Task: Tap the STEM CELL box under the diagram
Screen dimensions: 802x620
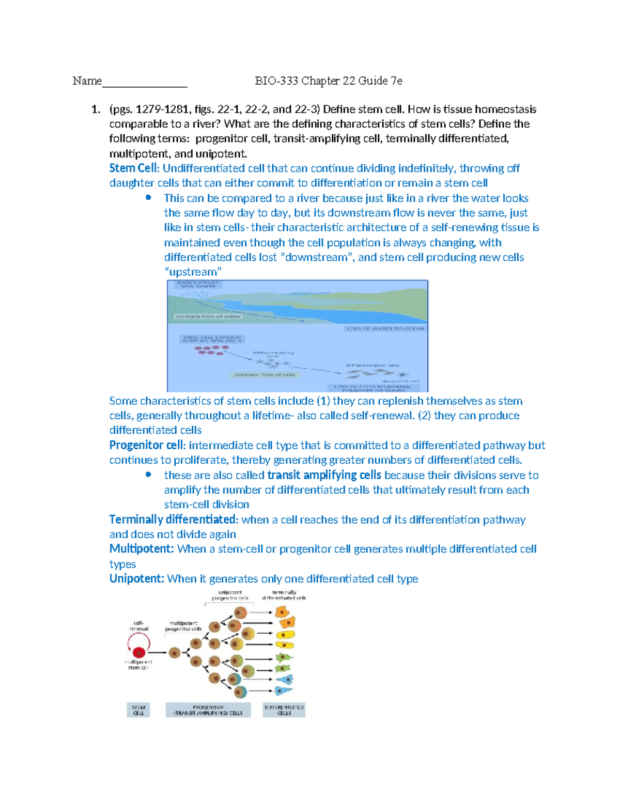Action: (x=138, y=710)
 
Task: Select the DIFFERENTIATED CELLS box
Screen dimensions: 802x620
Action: (x=284, y=710)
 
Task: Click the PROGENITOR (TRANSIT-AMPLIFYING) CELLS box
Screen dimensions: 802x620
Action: (x=208, y=710)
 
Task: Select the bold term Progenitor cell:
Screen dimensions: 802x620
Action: (x=147, y=445)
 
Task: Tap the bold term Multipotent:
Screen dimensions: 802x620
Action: (x=142, y=549)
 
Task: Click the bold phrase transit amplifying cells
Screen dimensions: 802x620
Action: (x=324, y=475)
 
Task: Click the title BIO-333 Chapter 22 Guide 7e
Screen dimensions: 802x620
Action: (x=329, y=81)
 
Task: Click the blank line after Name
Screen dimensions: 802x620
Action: (x=145, y=83)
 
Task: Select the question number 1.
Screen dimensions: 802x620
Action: (x=96, y=109)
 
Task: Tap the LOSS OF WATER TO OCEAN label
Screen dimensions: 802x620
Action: (x=385, y=328)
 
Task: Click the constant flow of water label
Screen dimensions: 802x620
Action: (x=208, y=317)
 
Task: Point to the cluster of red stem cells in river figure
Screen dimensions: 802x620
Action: (x=211, y=350)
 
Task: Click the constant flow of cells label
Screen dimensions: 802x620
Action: (x=265, y=374)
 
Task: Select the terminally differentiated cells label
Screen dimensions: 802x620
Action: (x=284, y=595)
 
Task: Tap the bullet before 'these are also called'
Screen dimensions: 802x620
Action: (x=149, y=474)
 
